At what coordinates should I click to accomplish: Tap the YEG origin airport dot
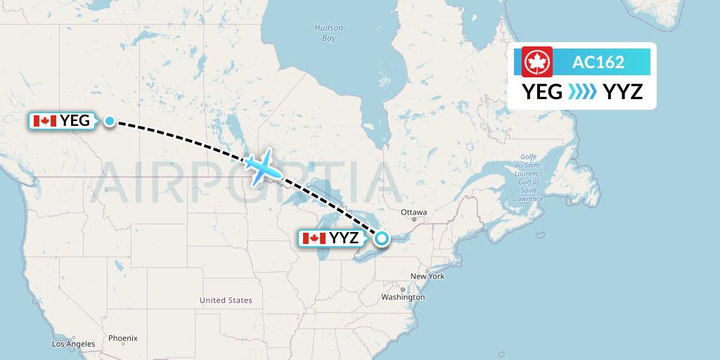(x=110, y=121)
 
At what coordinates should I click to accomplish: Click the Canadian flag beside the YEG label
(x=45, y=121)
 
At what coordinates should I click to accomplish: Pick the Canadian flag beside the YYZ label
(x=314, y=238)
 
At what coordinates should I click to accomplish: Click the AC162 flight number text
(x=598, y=62)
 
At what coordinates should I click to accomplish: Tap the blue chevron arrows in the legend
(x=582, y=91)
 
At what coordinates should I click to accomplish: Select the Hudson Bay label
(x=329, y=33)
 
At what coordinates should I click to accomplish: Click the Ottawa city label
(x=413, y=212)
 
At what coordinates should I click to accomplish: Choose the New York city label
(x=427, y=276)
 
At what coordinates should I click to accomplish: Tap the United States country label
(x=226, y=300)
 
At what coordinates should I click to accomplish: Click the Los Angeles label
(x=73, y=344)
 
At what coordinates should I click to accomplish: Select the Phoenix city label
(x=122, y=338)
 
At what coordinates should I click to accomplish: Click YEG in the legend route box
(x=542, y=91)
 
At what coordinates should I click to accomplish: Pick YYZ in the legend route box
(x=623, y=91)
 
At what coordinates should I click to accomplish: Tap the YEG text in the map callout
(x=75, y=121)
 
